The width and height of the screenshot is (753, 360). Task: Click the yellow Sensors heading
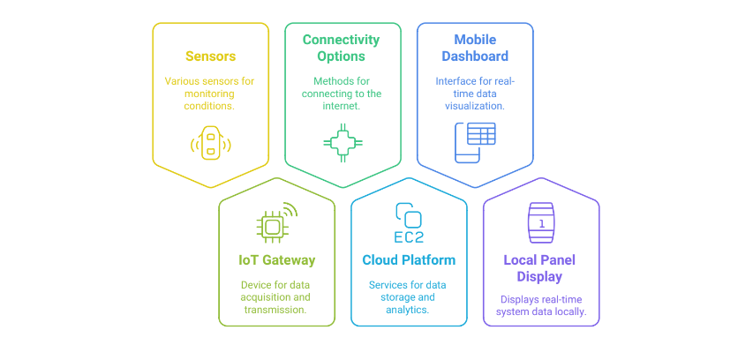(210, 56)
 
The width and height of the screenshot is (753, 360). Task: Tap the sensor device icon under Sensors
(210, 142)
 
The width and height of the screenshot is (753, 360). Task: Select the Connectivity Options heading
(341, 48)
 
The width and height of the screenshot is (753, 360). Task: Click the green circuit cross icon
(341, 142)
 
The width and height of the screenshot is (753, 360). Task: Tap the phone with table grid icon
(474, 142)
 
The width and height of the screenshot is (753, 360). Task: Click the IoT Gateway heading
(276, 260)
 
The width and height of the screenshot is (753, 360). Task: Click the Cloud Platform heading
(409, 260)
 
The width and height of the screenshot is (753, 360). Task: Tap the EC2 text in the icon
(409, 236)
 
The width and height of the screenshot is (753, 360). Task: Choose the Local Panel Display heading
(541, 268)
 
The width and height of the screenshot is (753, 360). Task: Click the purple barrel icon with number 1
(541, 224)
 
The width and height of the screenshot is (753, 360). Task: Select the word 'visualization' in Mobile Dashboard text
(475, 106)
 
